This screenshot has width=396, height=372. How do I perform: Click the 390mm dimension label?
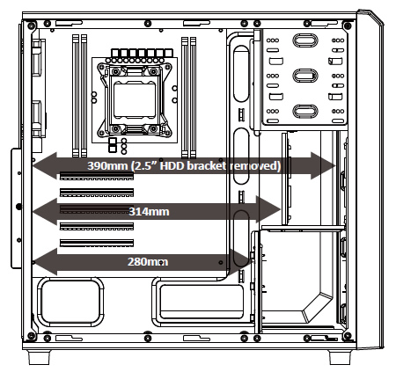click(x=107, y=166)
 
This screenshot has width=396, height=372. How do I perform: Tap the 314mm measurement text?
click(x=149, y=211)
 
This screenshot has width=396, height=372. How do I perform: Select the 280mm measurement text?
click(x=148, y=262)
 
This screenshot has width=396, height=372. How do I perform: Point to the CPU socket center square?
click(x=135, y=100)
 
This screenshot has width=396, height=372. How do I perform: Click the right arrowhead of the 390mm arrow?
click(x=323, y=166)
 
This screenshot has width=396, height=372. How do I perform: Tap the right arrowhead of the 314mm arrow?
click(x=268, y=209)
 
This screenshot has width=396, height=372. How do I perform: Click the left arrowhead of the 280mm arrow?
click(x=45, y=262)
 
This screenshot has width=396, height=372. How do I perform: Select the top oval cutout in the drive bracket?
click(x=305, y=40)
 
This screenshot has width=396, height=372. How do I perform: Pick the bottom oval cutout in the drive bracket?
click(x=305, y=112)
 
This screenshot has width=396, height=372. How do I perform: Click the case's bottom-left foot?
click(x=39, y=357)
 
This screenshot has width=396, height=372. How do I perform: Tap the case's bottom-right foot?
click(x=340, y=357)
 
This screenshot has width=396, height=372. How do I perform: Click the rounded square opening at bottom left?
click(x=70, y=303)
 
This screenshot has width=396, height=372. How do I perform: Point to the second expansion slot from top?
click(x=97, y=193)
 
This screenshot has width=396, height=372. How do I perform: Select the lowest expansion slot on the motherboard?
click(x=97, y=243)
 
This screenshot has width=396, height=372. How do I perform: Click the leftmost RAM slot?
click(x=76, y=96)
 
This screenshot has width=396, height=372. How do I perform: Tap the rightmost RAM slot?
click(x=193, y=98)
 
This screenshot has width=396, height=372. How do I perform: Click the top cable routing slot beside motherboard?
click(x=241, y=74)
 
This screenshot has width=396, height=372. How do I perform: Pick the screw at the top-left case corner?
click(x=32, y=26)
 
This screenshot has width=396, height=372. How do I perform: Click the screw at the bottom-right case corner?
click(x=348, y=336)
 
